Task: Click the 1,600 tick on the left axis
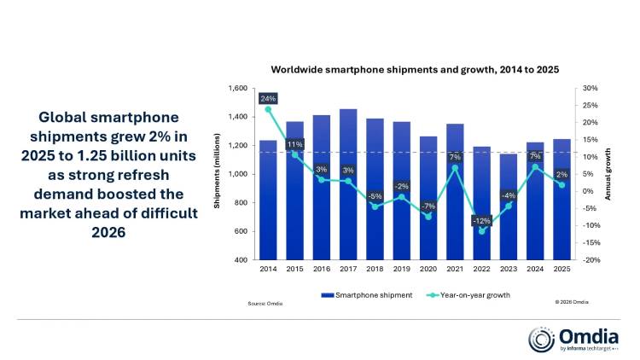coord(236,89)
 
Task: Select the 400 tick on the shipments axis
coord(241,259)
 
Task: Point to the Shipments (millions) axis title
coord(217,174)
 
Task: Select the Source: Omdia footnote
coord(265,303)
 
